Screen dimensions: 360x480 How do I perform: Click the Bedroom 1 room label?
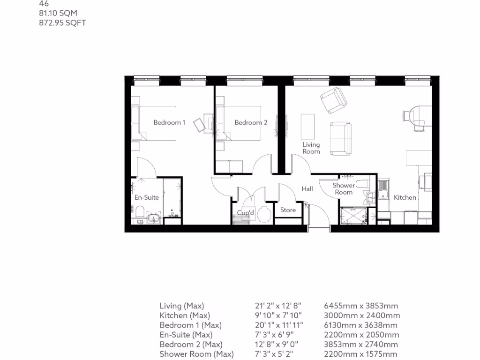[169, 123]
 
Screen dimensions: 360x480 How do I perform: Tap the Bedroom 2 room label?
[251, 123]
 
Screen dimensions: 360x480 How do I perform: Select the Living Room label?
[311, 148]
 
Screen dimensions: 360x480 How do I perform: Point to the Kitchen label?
[405, 197]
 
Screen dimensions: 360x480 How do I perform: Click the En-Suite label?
[147, 197]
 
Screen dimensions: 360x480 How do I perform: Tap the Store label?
[288, 210]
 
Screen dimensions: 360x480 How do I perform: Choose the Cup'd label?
[245, 212]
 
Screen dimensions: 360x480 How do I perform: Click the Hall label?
[307, 189]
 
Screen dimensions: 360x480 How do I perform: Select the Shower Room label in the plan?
[343, 189]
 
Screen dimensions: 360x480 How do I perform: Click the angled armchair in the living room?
[333, 100]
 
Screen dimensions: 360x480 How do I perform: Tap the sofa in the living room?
[341, 138]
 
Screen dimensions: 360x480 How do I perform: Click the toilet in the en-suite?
[139, 214]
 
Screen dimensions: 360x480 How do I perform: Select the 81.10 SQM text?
[58, 14]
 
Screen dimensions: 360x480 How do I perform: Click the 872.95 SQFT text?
[62, 22]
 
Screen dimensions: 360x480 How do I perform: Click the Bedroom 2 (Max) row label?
[190, 345]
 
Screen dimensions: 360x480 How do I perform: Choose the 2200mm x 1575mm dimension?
[360, 354]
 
